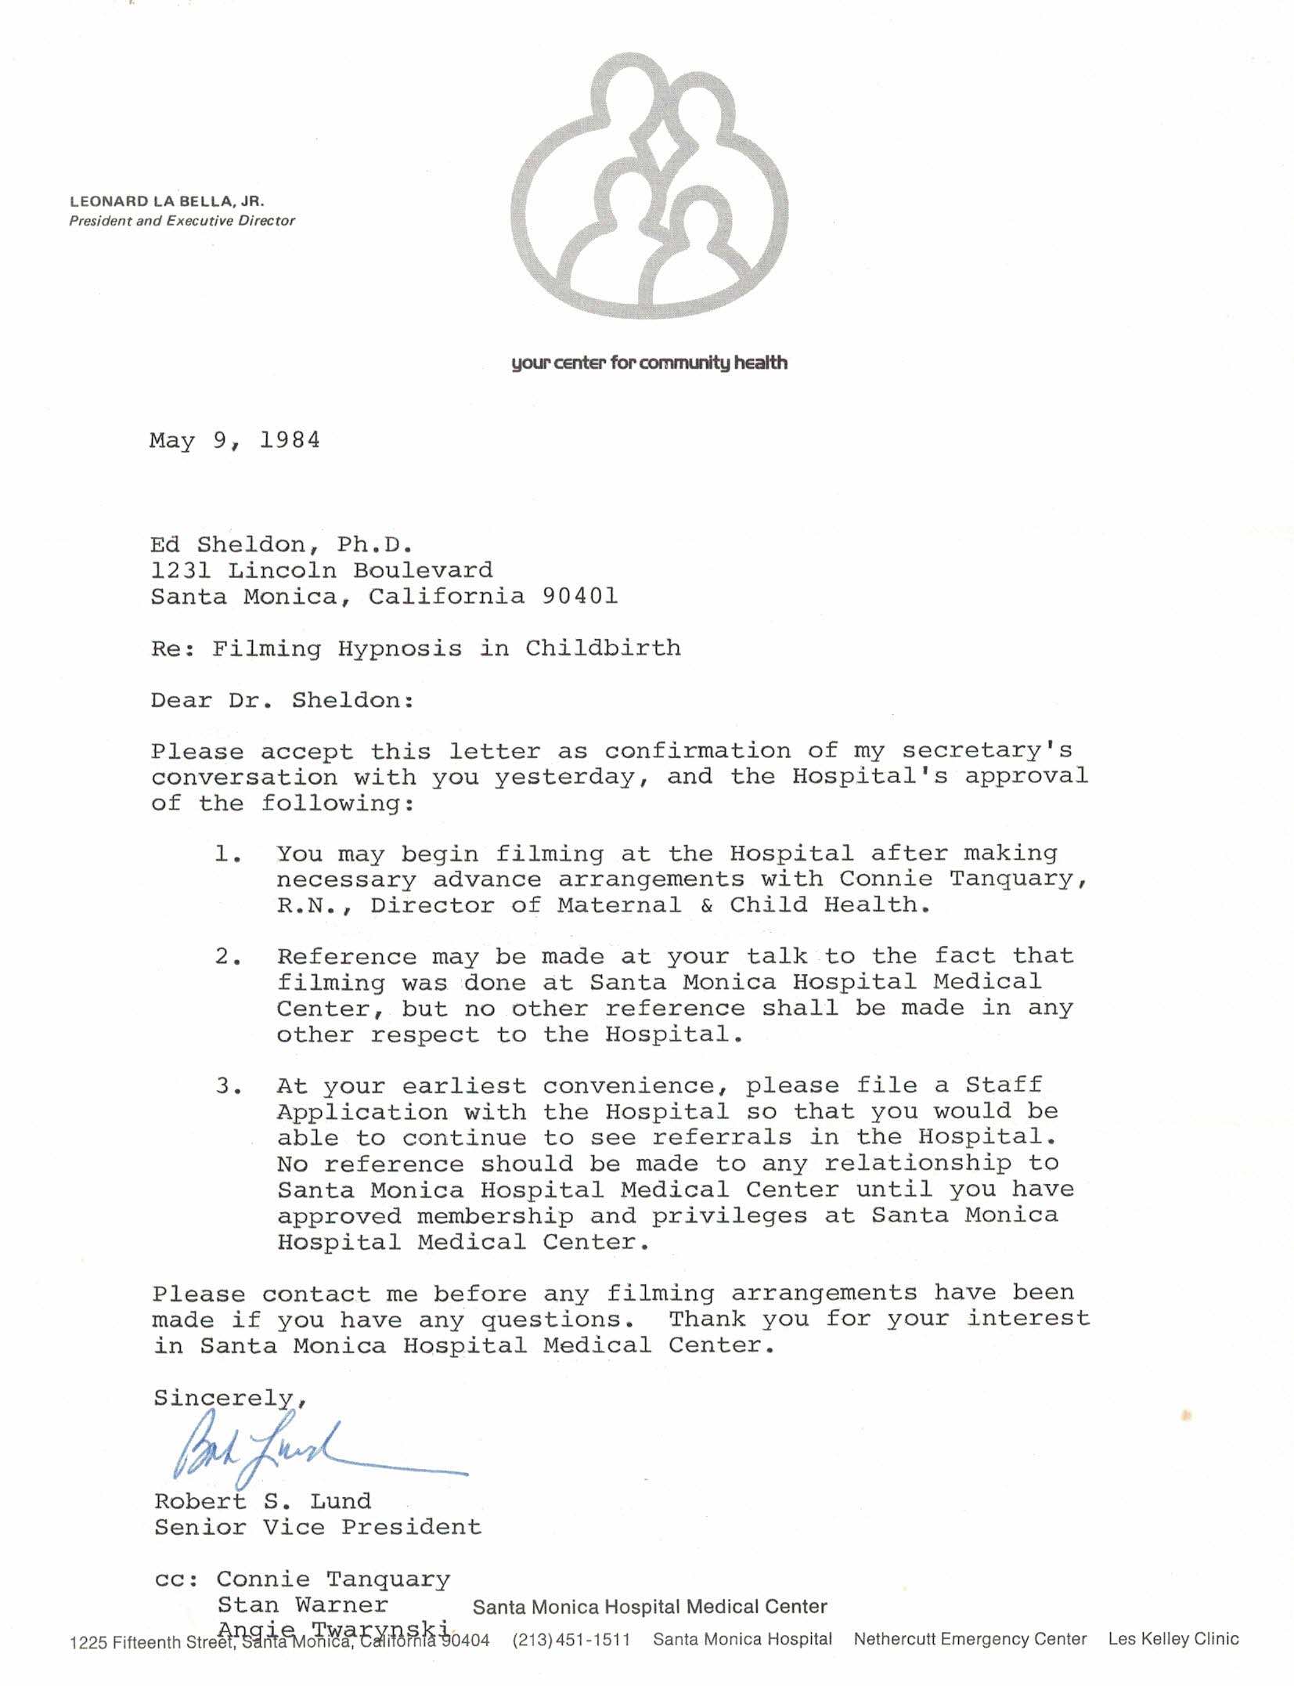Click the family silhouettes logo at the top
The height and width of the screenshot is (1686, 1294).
[x=649, y=186]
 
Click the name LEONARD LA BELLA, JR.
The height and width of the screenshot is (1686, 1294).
[x=167, y=201]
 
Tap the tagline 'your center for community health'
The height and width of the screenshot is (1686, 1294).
[x=649, y=363]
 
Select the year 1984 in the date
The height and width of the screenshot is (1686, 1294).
[x=290, y=440]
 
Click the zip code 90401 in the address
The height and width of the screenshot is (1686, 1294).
[x=580, y=597]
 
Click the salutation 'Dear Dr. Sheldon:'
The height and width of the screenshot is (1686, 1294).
[x=283, y=700]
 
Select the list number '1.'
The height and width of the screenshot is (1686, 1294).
[x=228, y=854]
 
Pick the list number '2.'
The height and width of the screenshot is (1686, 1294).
[x=228, y=957]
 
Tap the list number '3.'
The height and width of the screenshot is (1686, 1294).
[x=229, y=1086]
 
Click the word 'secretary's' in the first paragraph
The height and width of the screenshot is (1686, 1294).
[x=986, y=751]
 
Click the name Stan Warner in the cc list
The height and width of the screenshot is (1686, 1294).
[x=302, y=1605]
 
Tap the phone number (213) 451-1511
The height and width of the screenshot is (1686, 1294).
[x=571, y=1640]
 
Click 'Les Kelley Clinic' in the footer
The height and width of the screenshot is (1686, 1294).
[x=1173, y=1639]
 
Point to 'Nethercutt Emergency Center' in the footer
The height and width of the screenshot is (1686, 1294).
[x=969, y=1639]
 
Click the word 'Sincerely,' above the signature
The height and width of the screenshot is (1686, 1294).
[x=230, y=1398]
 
